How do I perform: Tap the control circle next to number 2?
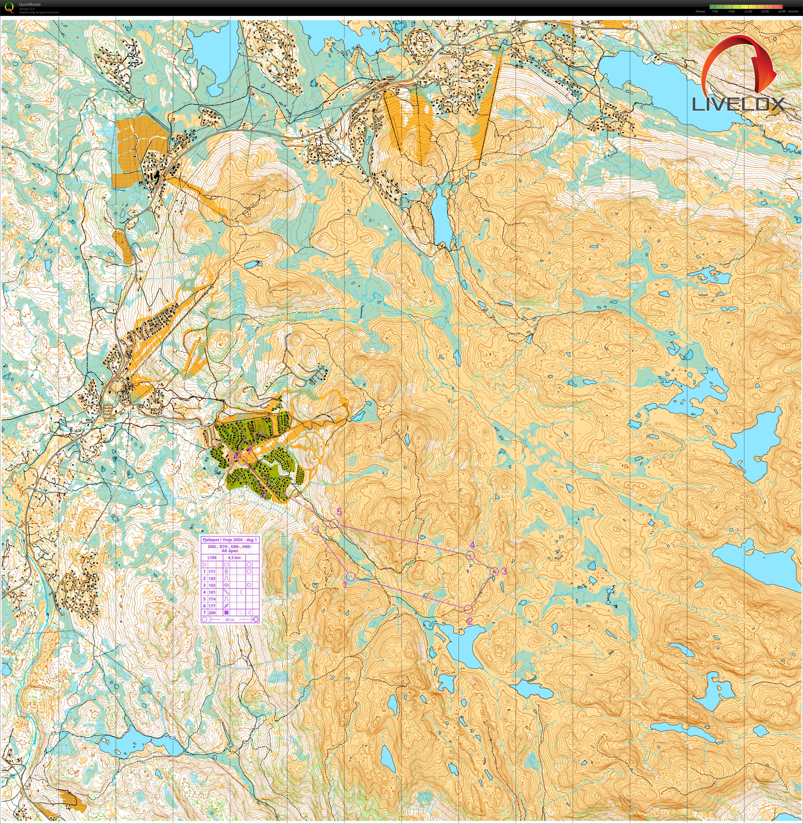468,609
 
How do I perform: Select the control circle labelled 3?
495,571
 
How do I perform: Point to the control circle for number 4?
471,555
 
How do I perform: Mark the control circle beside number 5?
334,524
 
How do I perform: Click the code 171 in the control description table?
212,571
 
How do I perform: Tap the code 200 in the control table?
212,613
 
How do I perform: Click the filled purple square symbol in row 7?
226,613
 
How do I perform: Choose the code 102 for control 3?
212,585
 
